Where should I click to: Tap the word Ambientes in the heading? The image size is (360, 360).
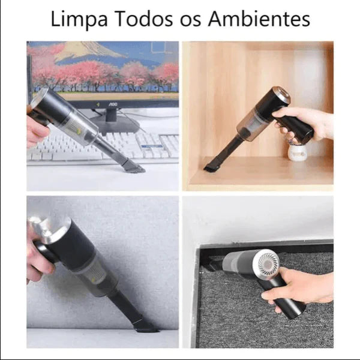pos(259,19)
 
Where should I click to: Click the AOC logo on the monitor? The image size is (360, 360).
pos(113,104)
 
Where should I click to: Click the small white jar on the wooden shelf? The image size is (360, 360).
pos(298,152)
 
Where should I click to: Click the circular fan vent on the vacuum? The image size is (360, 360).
pos(269,263)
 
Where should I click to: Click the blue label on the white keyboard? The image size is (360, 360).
pos(152,146)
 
